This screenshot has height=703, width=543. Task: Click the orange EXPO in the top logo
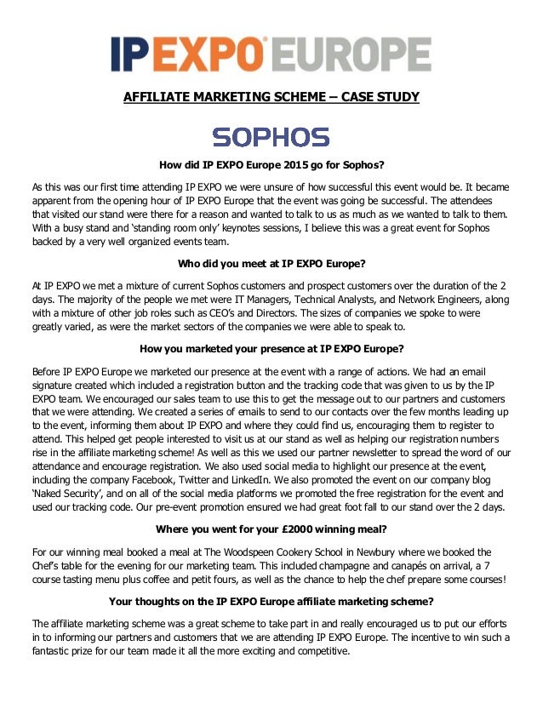coord(204,54)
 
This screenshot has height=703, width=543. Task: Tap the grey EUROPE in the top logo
coord(350,54)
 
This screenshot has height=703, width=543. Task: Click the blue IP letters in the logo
coord(129,54)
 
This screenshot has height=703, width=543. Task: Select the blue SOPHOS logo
coord(271,136)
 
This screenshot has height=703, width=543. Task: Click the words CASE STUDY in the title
coord(380,97)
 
